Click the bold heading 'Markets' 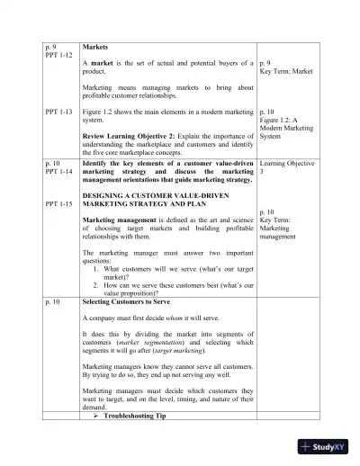(96, 44)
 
